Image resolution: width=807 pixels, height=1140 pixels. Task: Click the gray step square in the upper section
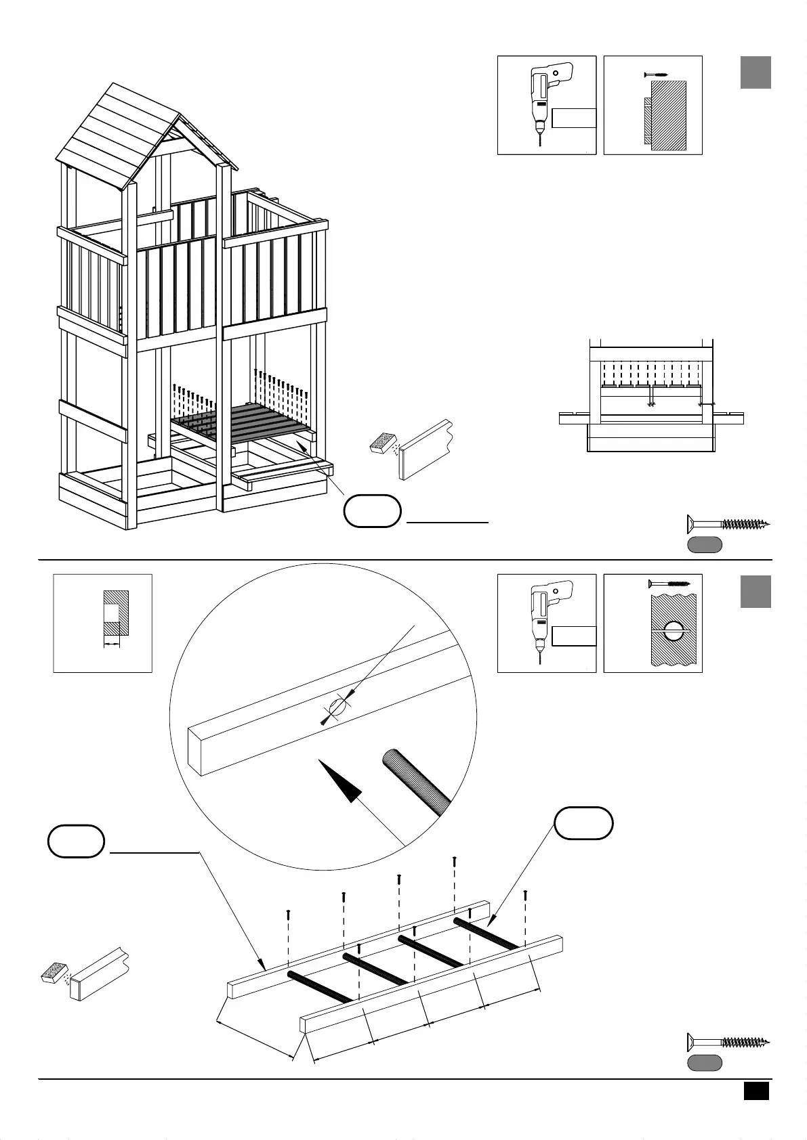pyautogui.click(x=756, y=72)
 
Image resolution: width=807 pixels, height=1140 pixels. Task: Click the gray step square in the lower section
pyautogui.click(x=756, y=591)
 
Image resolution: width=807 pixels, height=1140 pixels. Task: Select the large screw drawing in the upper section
pyautogui.click(x=728, y=523)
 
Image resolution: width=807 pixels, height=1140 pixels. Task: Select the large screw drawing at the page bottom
pyautogui.click(x=728, y=1042)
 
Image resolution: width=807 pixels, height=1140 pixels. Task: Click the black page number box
pyautogui.click(x=756, y=1091)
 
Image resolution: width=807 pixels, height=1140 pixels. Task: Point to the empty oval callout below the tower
pyautogui.click(x=372, y=511)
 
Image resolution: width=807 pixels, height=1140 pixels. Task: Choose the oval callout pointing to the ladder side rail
pyautogui.click(x=76, y=841)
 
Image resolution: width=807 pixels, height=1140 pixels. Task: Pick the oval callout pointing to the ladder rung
pyautogui.click(x=584, y=824)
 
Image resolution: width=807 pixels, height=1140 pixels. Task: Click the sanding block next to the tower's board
pyautogui.click(x=384, y=443)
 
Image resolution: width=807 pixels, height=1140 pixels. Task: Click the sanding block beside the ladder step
pyautogui.click(x=54, y=973)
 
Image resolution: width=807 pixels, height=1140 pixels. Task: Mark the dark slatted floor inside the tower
pyautogui.click(x=244, y=423)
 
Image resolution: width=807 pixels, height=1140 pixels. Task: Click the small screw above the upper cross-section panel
pyautogui.click(x=655, y=74)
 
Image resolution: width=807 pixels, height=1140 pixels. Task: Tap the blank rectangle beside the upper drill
pyautogui.click(x=574, y=118)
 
